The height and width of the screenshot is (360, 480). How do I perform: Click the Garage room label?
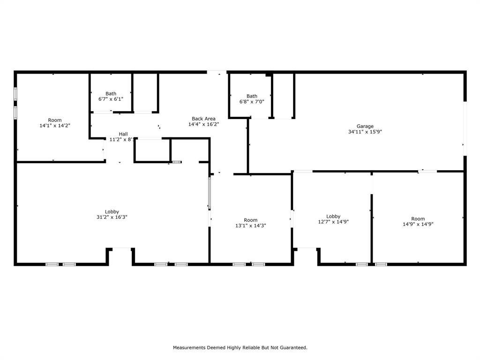tap(365, 126)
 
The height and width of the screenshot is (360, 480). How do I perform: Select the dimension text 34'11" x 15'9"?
tap(365, 132)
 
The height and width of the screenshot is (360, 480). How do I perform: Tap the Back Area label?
tap(203, 119)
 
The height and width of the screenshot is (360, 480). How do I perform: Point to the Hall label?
tap(123, 134)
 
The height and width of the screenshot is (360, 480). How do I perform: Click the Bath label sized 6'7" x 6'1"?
tap(111, 93)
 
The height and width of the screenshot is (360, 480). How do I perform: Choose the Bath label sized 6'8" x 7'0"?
tap(252, 96)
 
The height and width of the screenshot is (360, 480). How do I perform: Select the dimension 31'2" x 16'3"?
tap(112, 217)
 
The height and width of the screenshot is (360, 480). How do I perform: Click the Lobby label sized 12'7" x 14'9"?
tap(333, 216)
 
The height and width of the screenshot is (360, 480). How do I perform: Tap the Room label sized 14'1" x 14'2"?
tap(55, 120)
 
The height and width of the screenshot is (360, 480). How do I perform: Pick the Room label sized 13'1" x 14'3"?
tap(250, 220)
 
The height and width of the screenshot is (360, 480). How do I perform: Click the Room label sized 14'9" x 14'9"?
tap(418, 218)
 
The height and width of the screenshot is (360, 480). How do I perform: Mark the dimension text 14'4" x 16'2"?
tap(203, 125)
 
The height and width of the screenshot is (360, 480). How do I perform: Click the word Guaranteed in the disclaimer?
tap(293, 348)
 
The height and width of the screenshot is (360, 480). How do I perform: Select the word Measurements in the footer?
tap(189, 348)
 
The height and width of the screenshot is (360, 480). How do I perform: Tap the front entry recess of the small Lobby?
tap(307, 256)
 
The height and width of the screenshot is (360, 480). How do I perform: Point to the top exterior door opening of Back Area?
tap(217, 72)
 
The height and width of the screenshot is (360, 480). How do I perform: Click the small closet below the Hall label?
tap(152, 150)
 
